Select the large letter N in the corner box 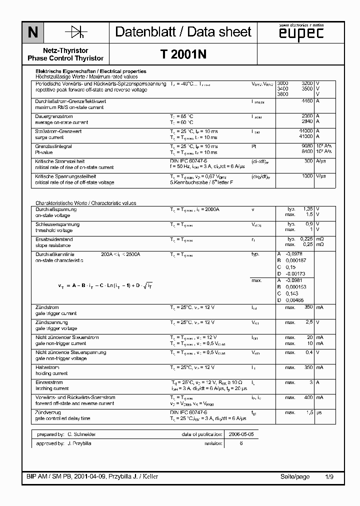tap(33, 33)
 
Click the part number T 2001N tap(183, 55)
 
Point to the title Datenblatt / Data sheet tap(183, 32)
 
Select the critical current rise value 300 tap(309, 161)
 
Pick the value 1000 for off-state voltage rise tap(306, 176)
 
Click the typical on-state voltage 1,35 tap(308, 209)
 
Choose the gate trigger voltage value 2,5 tap(309, 322)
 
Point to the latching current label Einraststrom tap(49, 382)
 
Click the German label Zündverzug tap(47, 412)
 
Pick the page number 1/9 tap(329, 476)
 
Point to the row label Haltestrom tap(47, 367)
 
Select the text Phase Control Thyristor tap(66, 58)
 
